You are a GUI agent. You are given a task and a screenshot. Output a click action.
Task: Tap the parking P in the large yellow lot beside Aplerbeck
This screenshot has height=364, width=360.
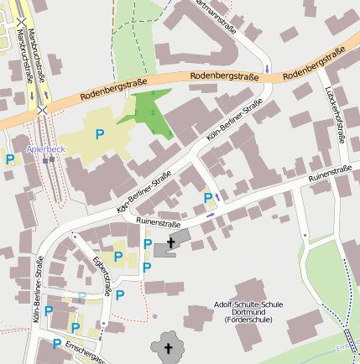click(100, 133)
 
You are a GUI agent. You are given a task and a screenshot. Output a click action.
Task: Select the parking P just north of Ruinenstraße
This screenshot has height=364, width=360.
click(208, 198)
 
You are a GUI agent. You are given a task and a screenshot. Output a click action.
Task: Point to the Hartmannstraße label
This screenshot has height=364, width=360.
click(213, 17)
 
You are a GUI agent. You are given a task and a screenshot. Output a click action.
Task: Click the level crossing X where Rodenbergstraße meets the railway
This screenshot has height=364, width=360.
click(42, 109)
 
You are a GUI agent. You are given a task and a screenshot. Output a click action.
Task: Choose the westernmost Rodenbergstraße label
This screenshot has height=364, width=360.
click(114, 90)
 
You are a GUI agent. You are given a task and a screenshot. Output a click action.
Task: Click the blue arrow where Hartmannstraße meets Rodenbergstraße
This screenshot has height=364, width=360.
click(267, 68)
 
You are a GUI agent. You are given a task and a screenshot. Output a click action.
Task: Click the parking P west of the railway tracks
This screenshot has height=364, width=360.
click(10, 159)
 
